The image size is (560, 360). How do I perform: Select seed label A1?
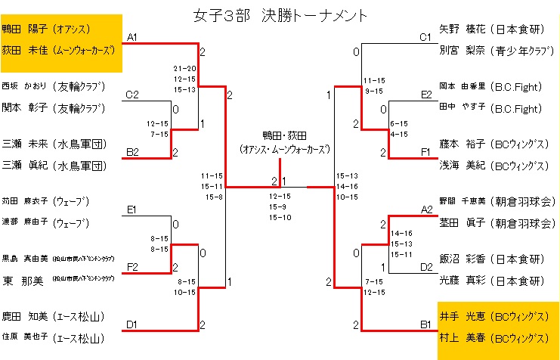pos(132,37)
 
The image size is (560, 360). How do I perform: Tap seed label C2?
pos(132,95)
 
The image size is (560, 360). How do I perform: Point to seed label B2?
pos(132,152)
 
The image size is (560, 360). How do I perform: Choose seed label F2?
pos(132,267)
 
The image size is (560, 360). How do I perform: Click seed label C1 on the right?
pos(425,37)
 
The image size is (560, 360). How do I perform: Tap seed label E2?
pos(426,95)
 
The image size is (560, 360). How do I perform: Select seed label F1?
pos(426,152)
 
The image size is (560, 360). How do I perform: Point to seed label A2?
pos(426,209)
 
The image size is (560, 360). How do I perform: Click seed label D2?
pos(426,267)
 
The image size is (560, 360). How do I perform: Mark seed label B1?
pos(426,324)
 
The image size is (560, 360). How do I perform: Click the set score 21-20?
pos(184,68)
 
